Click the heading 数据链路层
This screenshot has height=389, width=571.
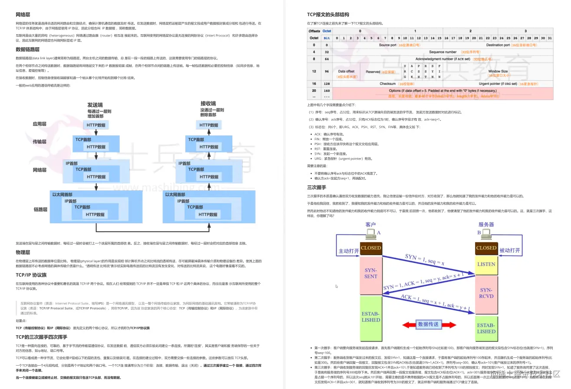coord(27,49)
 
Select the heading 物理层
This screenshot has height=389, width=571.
coord(23,252)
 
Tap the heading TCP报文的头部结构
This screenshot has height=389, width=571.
coord(328,15)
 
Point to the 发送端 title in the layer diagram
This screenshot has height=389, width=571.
coord(95,105)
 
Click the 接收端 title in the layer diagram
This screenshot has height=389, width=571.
coord(208,104)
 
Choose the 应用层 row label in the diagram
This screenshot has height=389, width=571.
coord(39,124)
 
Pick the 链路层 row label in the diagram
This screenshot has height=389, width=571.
coord(40,209)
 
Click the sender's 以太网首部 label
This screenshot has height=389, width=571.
coord(62,194)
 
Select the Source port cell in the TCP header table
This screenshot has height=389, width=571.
coord(399,45)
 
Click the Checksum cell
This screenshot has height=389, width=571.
coord(395,84)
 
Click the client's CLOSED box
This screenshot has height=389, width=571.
coord(371,248)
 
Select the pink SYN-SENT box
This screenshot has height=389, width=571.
coord(371,273)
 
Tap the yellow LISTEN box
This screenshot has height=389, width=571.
coord(486,264)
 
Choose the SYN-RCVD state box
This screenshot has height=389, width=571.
coord(486,293)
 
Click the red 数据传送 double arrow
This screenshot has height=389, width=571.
coord(429,324)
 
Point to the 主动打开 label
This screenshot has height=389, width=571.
coord(349,251)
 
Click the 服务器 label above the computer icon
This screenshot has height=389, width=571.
coord(486,224)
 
